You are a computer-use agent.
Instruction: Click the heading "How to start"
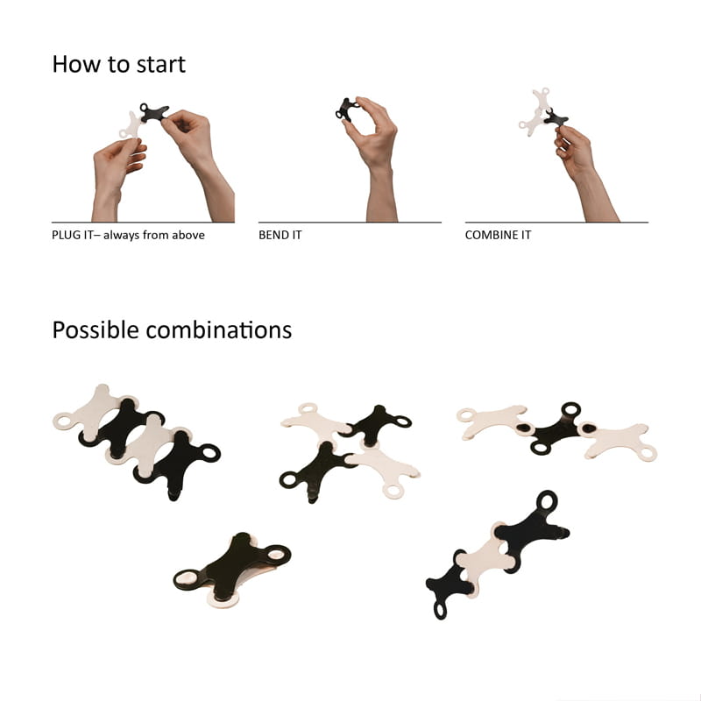118,64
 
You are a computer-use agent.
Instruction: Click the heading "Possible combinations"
172,330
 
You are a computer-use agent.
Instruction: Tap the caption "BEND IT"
280,235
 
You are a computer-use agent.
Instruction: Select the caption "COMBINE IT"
498,235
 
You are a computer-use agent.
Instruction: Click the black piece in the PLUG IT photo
153,113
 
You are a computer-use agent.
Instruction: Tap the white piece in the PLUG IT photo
131,126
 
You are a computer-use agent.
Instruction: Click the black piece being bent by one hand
346,110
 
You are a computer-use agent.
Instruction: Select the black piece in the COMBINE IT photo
555,118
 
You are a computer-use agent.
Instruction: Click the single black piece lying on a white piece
232,564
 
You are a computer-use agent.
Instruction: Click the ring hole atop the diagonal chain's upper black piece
547,500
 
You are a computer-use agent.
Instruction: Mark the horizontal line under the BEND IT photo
350,223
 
